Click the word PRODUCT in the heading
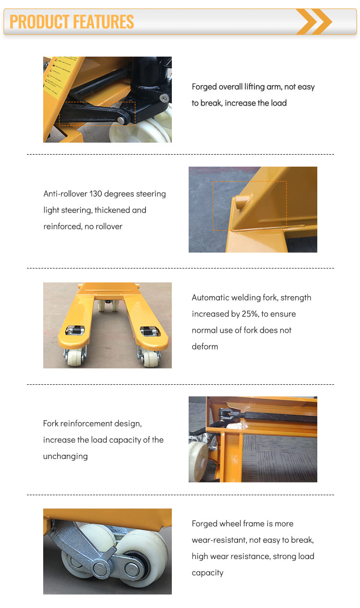pyautogui.click(x=39, y=22)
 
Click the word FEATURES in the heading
pyautogui.click(x=103, y=22)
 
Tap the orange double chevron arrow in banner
pyautogui.click(x=314, y=22)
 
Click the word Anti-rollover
pyautogui.click(x=65, y=194)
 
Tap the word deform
pyautogui.click(x=205, y=347)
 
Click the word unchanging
pyautogui.click(x=65, y=456)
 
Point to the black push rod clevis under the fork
pyautogui.click(x=226, y=412)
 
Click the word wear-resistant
pyautogui.click(x=219, y=540)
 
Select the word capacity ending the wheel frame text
pyautogui.click(x=207, y=573)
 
